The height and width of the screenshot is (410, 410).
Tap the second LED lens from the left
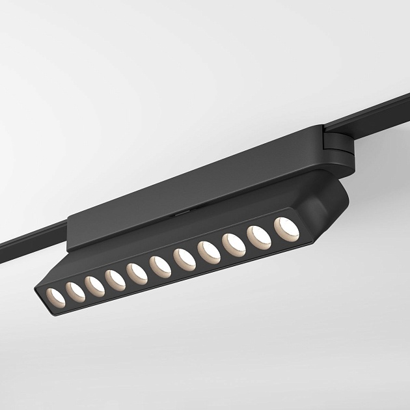[74, 289]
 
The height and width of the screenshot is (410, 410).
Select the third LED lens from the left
[94, 284]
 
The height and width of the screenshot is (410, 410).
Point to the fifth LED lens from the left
[137, 272]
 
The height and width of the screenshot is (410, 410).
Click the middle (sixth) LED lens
[159, 266]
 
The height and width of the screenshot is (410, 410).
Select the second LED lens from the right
[258, 236]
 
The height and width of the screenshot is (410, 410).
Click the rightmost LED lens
[285, 228]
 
